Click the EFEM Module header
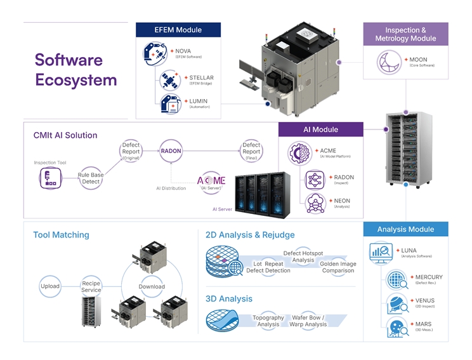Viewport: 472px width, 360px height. click(178, 30)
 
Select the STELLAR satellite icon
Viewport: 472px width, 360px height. click(170, 80)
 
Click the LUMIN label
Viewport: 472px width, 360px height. click(198, 102)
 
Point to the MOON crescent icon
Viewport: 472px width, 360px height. click(388, 62)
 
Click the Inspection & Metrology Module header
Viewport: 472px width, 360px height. click(405, 34)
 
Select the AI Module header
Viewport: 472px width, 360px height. click(321, 130)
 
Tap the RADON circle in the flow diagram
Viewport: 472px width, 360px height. click(171, 151)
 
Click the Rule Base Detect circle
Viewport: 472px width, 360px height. click(91, 178)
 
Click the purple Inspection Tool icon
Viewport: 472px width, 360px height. click(50, 180)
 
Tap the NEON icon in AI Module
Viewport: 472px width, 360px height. click(315, 203)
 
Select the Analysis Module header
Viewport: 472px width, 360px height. click(405, 229)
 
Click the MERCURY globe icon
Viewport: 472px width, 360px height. click(396, 279)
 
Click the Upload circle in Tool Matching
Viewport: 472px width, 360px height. click(50, 286)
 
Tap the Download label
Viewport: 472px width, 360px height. click(152, 286)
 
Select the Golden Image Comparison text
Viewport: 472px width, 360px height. click(338, 267)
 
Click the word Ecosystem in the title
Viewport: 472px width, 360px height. click(76, 80)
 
